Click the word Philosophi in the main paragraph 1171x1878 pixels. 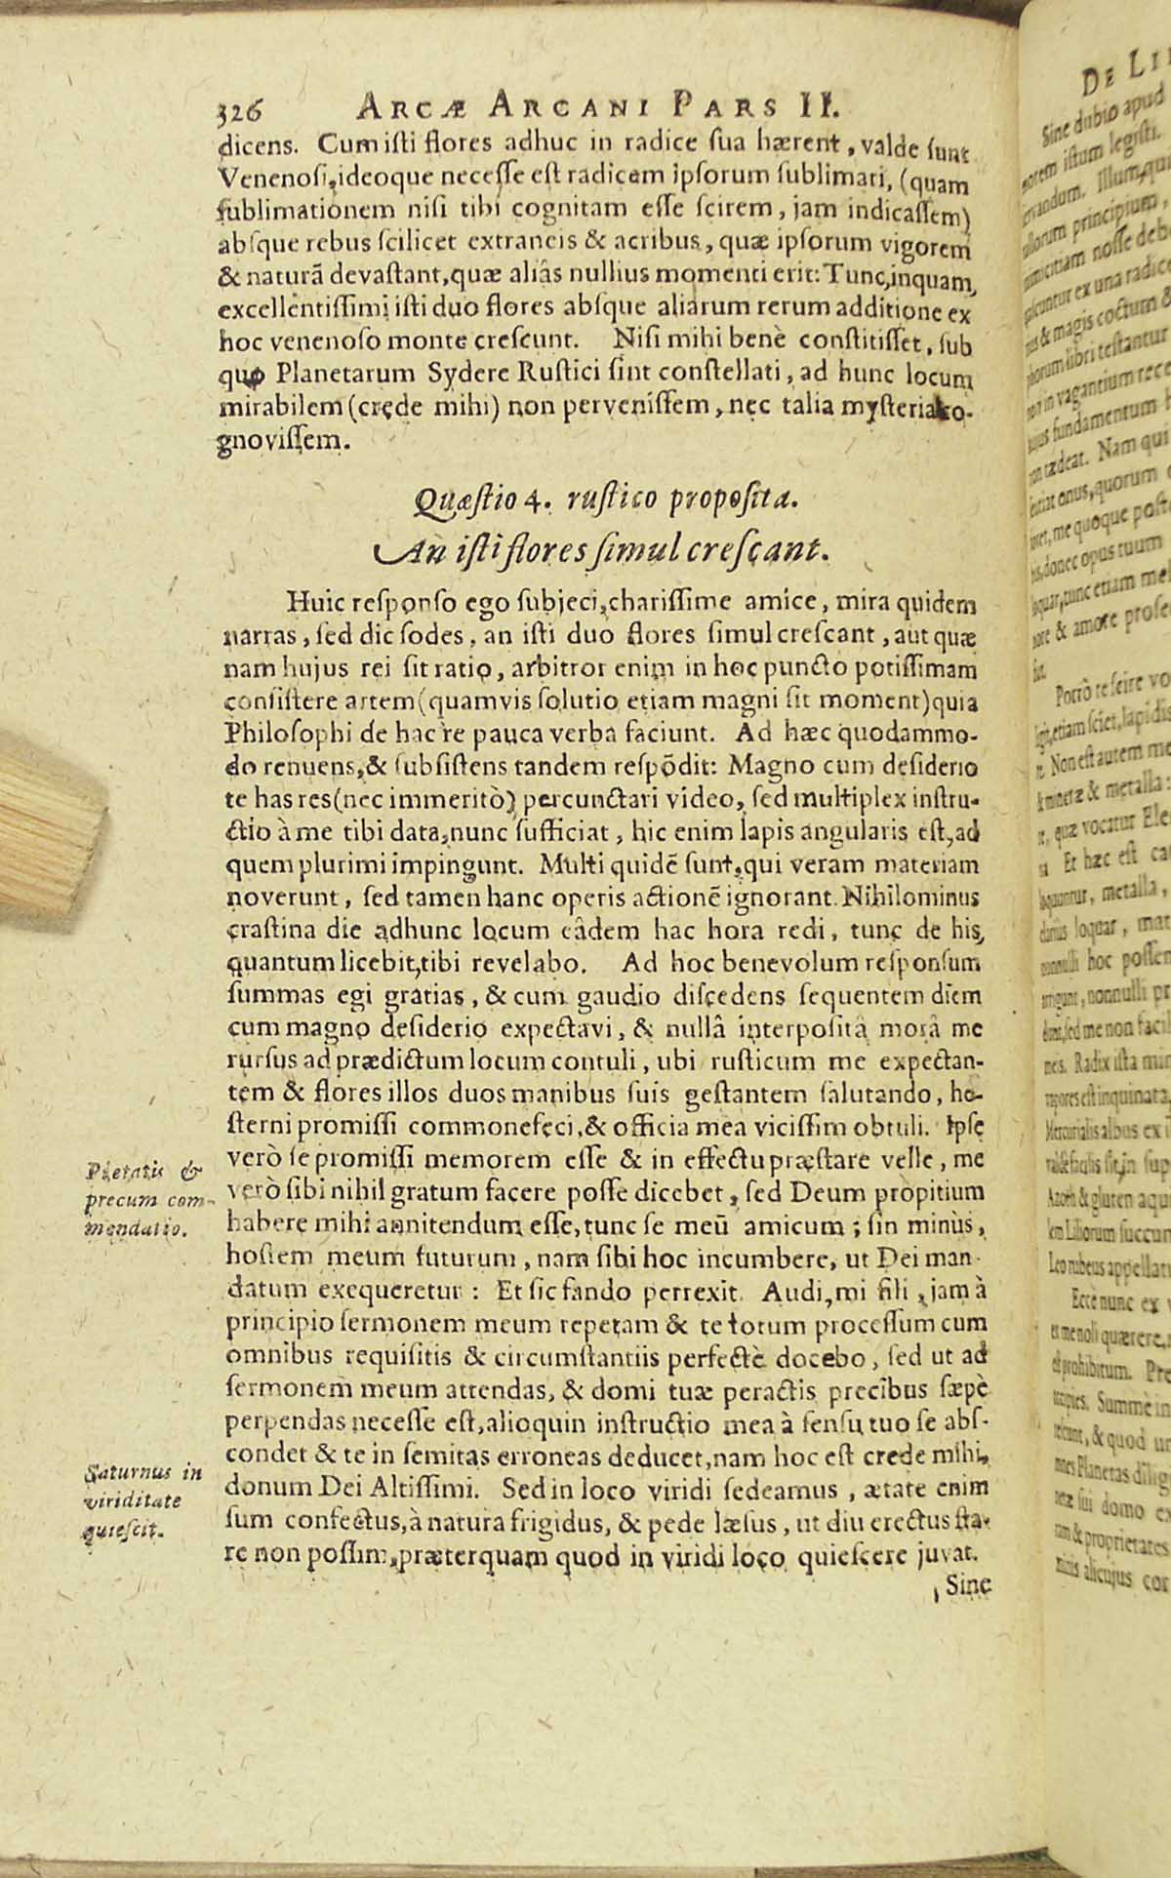281,733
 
